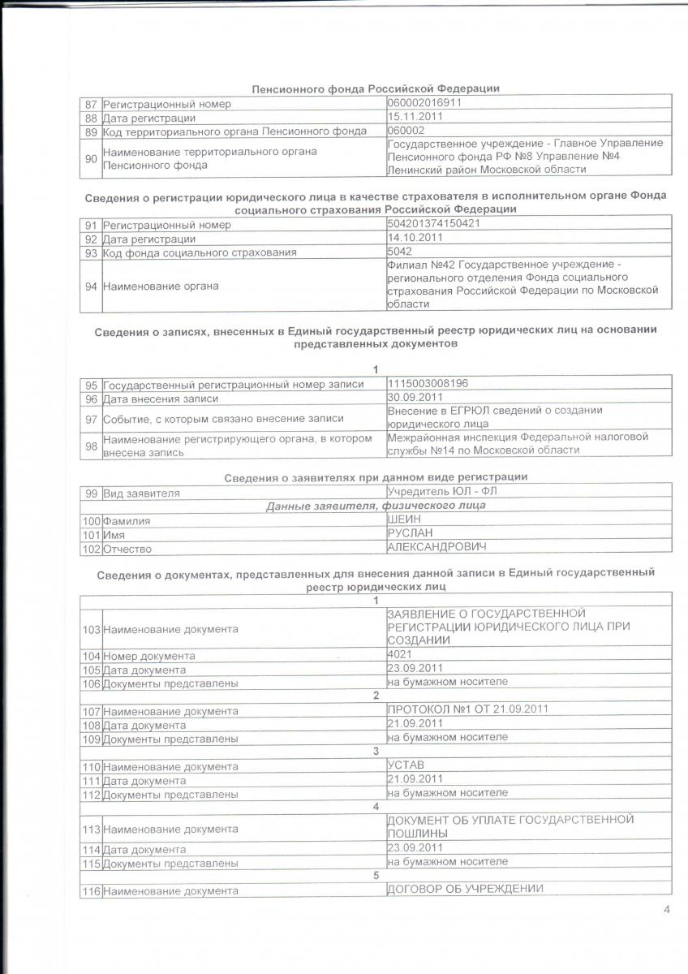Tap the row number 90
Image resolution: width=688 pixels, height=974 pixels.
91,158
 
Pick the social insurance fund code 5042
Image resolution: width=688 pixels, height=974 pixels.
402,252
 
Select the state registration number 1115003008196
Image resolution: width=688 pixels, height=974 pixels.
428,382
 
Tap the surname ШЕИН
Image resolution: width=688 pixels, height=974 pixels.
404,519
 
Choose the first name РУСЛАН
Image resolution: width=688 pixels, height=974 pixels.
411,532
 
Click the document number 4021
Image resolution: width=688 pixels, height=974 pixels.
401,653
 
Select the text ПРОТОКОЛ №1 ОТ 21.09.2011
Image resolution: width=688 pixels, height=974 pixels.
468,709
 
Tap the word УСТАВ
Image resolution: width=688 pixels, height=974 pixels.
406,764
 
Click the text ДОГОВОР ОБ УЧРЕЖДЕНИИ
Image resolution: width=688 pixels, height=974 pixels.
465,889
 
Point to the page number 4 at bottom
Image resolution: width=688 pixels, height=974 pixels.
666,909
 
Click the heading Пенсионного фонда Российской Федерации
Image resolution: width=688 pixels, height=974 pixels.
376,88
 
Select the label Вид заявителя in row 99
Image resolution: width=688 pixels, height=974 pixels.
141,493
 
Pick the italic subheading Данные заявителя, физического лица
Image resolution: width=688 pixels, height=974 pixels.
376,506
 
